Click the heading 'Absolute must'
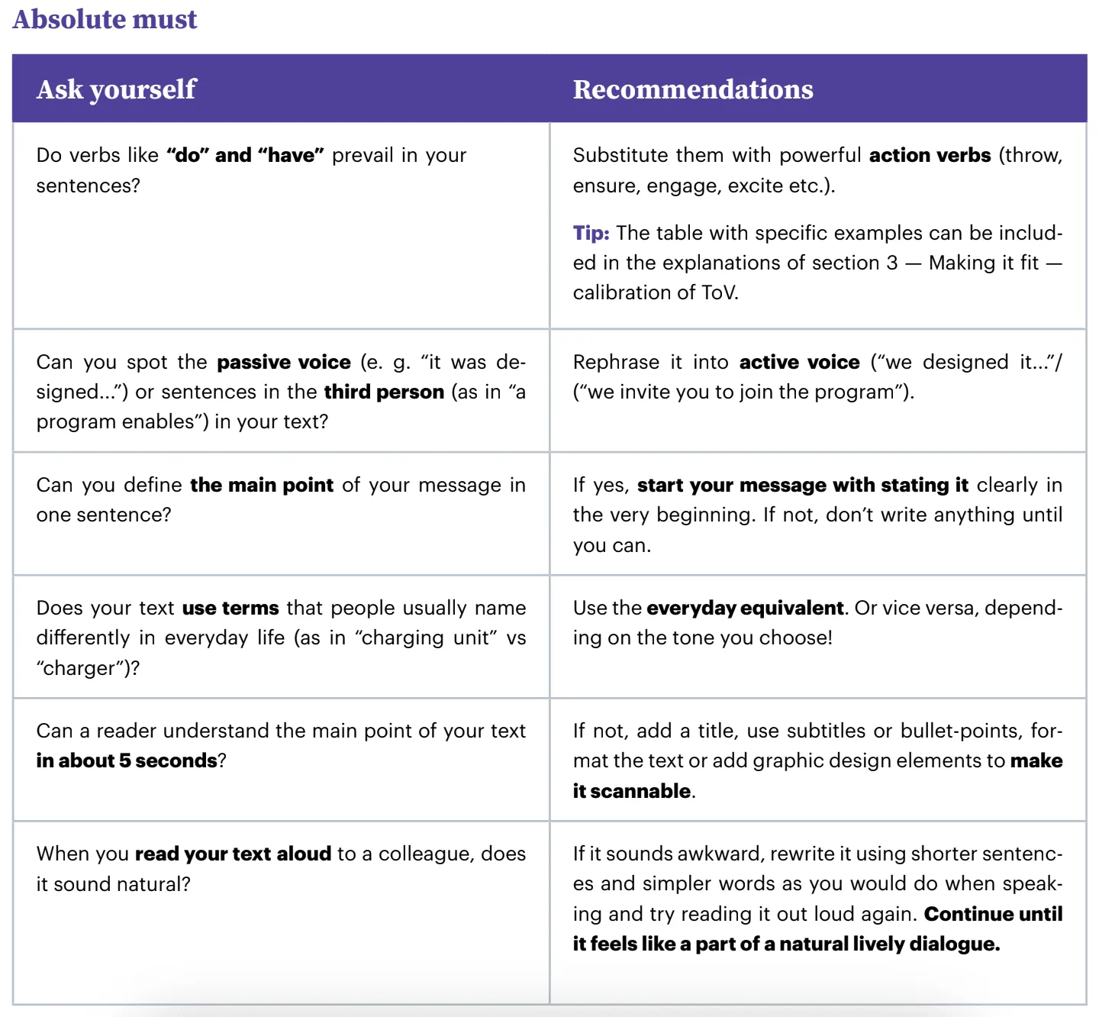(105, 19)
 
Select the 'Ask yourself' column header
(116, 89)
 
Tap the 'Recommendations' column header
(692, 89)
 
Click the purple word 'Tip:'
(591, 233)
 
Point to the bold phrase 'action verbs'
(930, 155)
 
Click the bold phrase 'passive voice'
(283, 362)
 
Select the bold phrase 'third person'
(384, 392)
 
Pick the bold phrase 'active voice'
(799, 362)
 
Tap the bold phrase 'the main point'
(262, 485)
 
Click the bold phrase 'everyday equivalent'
(744, 608)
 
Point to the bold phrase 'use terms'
(230, 608)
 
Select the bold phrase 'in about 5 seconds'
(127, 760)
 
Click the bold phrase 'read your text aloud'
(233, 854)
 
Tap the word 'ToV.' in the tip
(720, 292)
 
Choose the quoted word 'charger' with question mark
(88, 668)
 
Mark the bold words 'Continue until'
(993, 914)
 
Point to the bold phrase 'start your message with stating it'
(802, 485)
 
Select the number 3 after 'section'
(892, 263)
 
